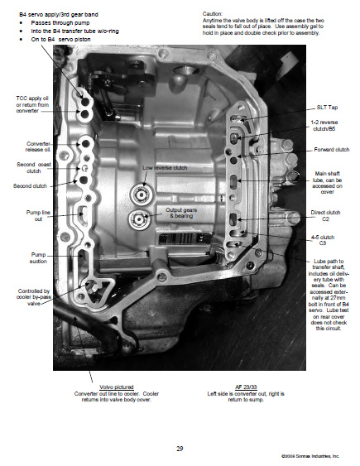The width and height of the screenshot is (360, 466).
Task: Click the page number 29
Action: tap(180, 425)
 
